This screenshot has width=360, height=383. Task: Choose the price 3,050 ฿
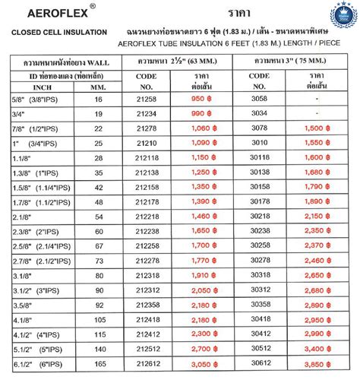pyautogui.click(x=208, y=365)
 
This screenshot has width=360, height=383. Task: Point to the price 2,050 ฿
pyautogui.click(x=208, y=290)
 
